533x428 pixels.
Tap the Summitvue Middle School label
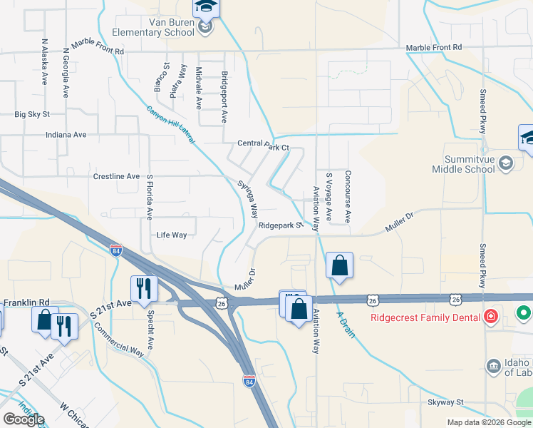tap(463, 164)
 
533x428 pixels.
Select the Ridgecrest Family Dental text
tap(426, 315)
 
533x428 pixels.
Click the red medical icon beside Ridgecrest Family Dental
tap(490, 315)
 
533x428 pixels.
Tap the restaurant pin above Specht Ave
tap(144, 288)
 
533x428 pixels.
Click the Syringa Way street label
tap(248, 199)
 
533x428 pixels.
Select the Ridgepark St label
tap(281, 225)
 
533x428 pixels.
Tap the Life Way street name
tap(172, 235)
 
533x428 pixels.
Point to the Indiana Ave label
tap(66, 134)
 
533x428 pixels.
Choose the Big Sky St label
tap(32, 114)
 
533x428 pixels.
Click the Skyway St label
tap(445, 402)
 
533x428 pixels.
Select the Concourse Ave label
tap(348, 198)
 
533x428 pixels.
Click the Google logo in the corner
tap(24, 419)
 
